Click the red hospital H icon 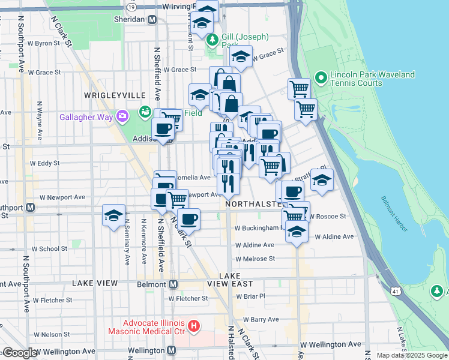click(x=193, y=326)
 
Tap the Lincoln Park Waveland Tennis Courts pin click(x=321, y=77)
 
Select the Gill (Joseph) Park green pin click(x=212, y=40)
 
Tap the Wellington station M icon click(x=172, y=350)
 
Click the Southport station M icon click(x=30, y=208)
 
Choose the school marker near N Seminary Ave click(x=113, y=217)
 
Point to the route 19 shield click(x=147, y=5)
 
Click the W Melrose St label click(x=255, y=259)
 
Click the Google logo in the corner click(x=20, y=353)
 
